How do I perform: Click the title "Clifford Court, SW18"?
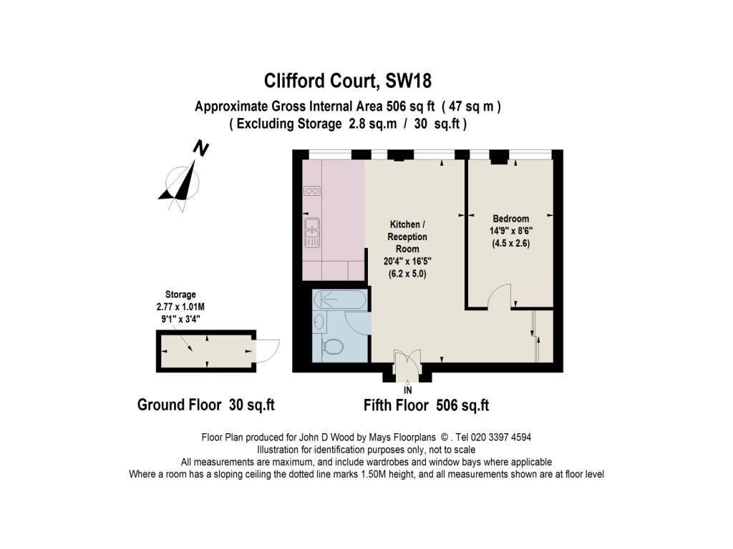(x=348, y=79)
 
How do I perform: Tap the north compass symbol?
(x=183, y=179)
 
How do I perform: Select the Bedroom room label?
(x=510, y=219)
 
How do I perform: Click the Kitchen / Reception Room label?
(x=407, y=237)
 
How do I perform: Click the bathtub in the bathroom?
(x=341, y=300)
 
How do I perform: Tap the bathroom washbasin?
(x=319, y=323)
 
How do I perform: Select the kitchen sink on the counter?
(x=312, y=228)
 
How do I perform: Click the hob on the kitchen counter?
(x=311, y=191)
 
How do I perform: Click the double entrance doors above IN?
(x=407, y=362)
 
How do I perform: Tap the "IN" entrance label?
(x=408, y=390)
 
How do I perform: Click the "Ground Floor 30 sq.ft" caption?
(x=205, y=405)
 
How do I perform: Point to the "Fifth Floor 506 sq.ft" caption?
(x=426, y=405)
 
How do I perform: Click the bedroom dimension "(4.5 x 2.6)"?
(x=510, y=243)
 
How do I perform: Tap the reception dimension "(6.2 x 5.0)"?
(x=406, y=273)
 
